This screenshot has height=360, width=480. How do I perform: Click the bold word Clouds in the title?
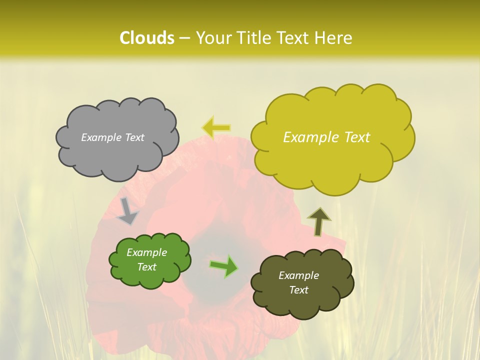coord(146,38)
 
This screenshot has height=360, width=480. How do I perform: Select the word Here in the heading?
coord(334,38)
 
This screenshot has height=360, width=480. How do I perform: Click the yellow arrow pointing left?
coord(216,127)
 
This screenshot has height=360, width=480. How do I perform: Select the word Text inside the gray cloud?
coord(133,137)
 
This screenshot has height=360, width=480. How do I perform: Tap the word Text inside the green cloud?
coord(146,267)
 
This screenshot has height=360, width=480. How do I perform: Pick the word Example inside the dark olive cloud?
coord(298,275)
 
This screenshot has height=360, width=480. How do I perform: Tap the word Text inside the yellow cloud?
coord(356,137)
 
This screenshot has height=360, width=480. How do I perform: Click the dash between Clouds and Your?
coord(184,38)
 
